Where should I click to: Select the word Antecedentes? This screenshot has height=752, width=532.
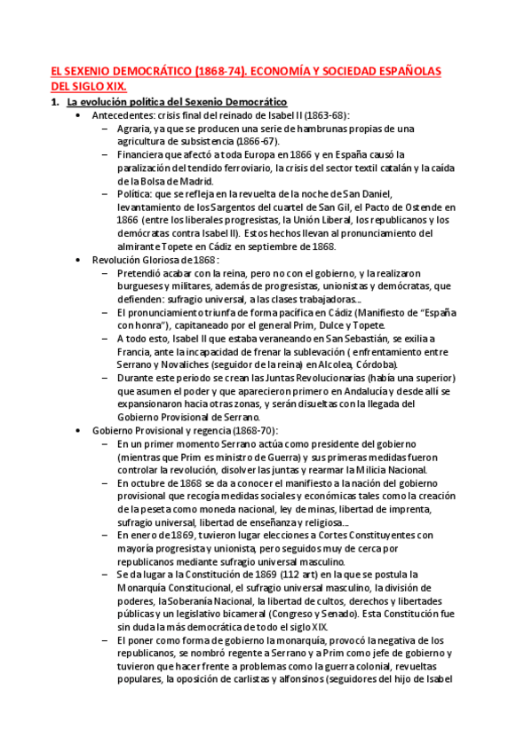click(121, 115)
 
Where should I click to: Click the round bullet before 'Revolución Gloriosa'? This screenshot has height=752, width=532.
click(79, 259)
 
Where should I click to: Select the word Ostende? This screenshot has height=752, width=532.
click(409, 207)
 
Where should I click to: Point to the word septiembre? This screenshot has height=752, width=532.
click(274, 246)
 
